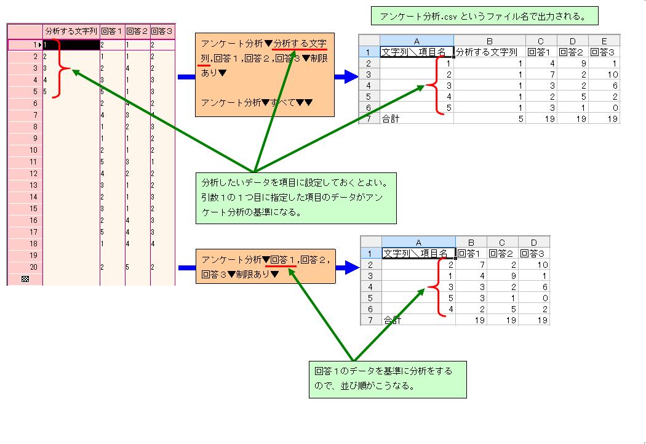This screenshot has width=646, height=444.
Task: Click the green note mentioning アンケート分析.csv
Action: [x=485, y=16]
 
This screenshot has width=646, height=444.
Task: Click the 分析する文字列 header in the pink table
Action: [x=71, y=31]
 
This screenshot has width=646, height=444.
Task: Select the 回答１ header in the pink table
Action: [x=112, y=31]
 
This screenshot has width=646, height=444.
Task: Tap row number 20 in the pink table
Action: [x=33, y=267]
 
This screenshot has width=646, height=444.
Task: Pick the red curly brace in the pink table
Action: [x=61, y=68]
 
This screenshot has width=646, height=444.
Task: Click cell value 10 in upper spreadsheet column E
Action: [x=613, y=75]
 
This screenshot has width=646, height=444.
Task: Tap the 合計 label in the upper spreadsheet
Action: [x=391, y=119]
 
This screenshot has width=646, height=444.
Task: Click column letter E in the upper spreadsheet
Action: [x=604, y=41]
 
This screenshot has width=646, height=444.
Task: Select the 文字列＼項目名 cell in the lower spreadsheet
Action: [x=415, y=254]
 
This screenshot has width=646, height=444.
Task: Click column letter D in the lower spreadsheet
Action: [x=534, y=243]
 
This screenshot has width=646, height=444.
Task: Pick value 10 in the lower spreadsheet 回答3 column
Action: [x=543, y=265]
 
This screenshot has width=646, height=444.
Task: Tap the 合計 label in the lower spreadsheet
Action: [x=393, y=320]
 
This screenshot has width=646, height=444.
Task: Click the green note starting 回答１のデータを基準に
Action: [x=388, y=380]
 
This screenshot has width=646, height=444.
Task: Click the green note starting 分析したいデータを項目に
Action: [x=296, y=198]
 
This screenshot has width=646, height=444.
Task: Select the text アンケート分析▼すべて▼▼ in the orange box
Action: [x=257, y=102]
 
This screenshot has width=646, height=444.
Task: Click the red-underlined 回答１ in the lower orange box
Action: [x=282, y=260]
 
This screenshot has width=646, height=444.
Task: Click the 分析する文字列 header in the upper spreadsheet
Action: [x=487, y=52]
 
